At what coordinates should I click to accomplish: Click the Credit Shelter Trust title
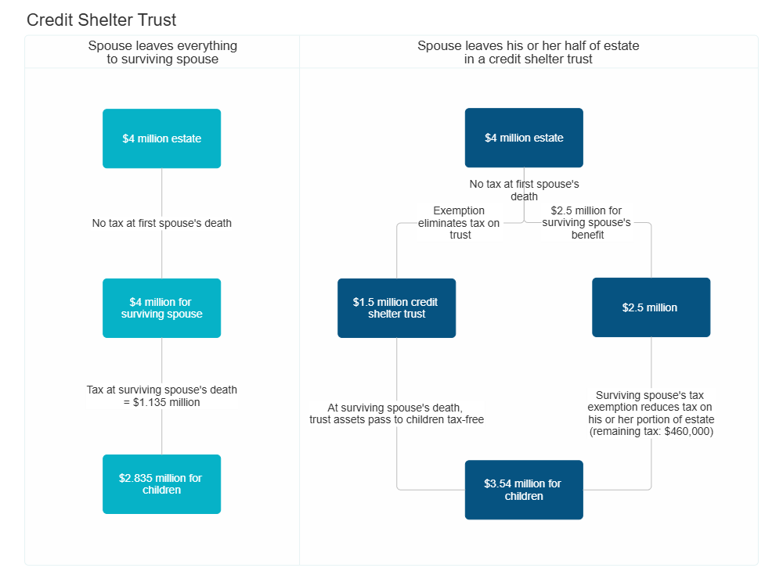(102, 20)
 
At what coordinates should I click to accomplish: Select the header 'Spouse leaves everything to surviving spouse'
(162, 52)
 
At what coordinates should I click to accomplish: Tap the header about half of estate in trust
(529, 52)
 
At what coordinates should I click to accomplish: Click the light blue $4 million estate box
(162, 138)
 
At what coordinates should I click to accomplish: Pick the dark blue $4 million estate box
(524, 138)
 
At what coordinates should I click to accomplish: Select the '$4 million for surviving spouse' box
(162, 307)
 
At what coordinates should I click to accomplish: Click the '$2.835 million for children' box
(162, 483)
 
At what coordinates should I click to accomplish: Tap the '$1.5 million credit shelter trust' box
(396, 307)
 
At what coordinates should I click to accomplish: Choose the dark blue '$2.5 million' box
(651, 307)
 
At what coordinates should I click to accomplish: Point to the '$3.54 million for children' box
(524, 490)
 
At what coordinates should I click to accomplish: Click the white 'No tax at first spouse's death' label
(162, 224)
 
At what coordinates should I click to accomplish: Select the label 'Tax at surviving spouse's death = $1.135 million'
(162, 396)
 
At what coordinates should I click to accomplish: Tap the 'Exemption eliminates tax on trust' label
(460, 223)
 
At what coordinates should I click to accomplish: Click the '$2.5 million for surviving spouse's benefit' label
(587, 223)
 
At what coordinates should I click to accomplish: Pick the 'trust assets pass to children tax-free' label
(396, 414)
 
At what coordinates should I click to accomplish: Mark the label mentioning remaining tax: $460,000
(651, 414)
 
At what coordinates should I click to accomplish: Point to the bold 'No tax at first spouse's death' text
(524, 190)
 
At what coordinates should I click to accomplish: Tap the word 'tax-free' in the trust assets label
(464, 420)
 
